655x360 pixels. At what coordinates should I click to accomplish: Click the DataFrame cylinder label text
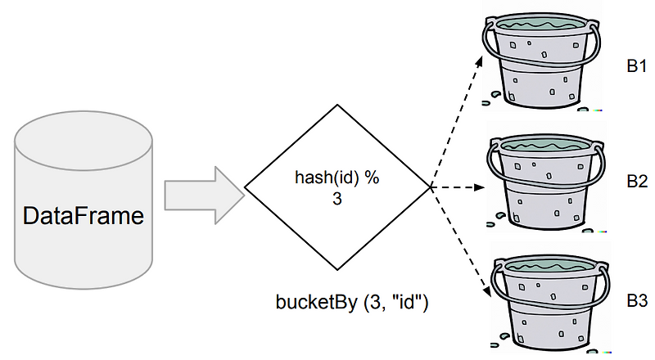click(x=84, y=218)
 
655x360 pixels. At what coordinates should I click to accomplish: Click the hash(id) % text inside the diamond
click(x=337, y=180)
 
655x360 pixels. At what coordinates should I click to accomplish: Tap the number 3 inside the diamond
click(x=337, y=199)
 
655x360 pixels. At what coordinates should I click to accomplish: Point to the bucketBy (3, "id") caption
click(x=352, y=302)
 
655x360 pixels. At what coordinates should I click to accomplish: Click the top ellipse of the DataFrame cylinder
click(x=84, y=136)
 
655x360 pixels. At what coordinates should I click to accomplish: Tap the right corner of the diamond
click(x=431, y=187)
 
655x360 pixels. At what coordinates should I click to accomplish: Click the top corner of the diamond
click(x=337, y=104)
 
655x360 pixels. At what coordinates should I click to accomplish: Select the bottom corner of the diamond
click(x=337, y=271)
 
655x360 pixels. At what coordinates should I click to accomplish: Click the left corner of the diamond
click(x=246, y=187)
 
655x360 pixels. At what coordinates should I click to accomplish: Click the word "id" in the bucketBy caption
click(x=408, y=302)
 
